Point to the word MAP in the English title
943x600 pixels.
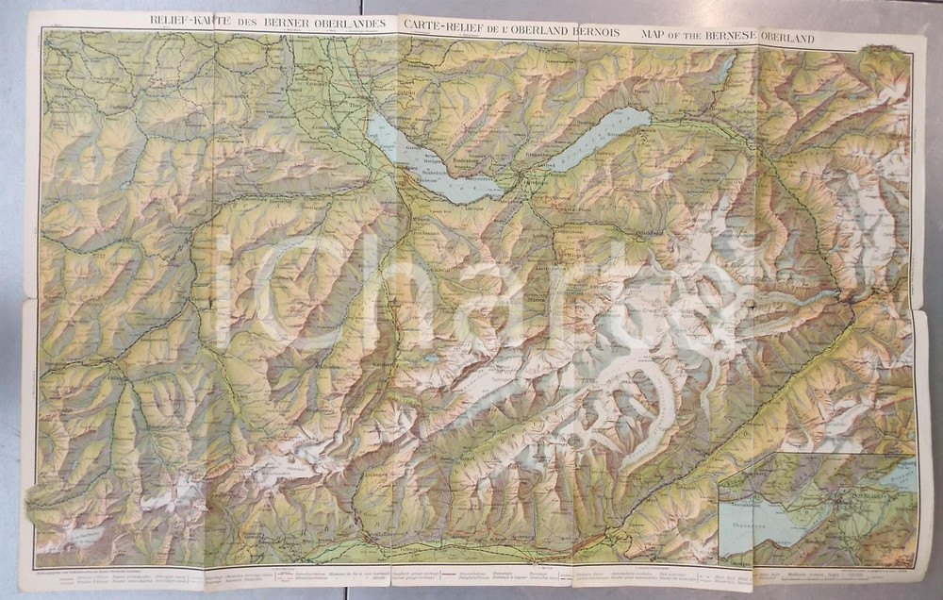pyautogui.click(x=655, y=37)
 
